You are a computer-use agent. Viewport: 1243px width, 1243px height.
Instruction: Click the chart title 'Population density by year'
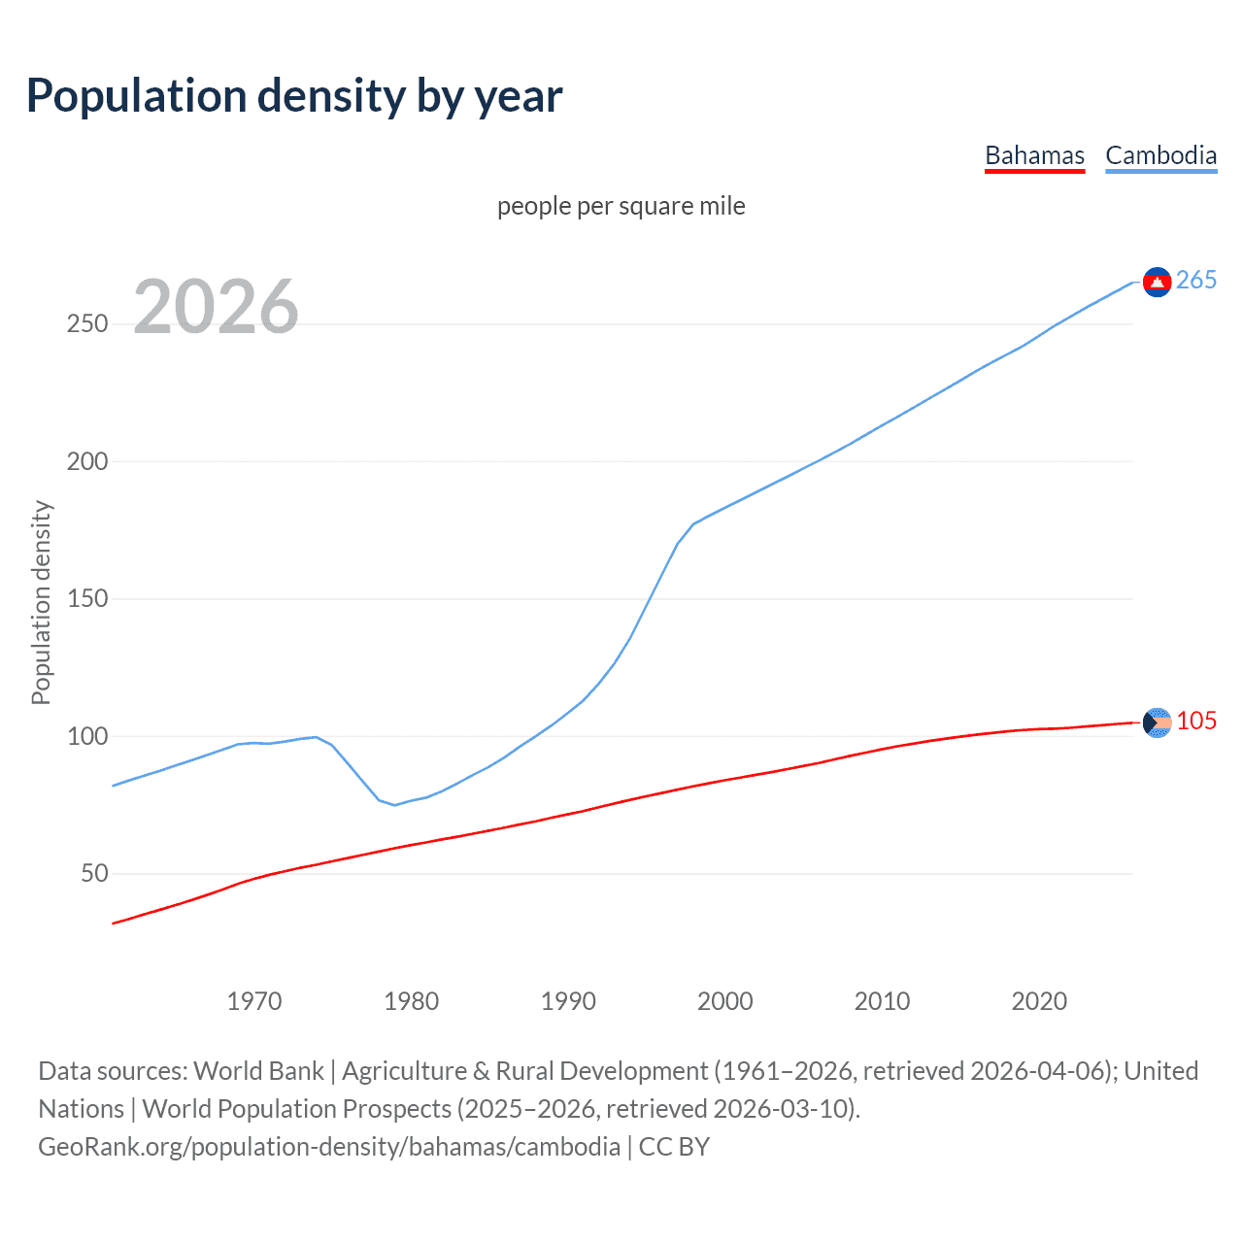click(x=294, y=96)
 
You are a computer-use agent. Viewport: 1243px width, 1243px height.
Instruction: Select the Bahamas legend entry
click(x=1034, y=155)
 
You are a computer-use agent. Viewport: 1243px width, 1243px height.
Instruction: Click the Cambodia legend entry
click(x=1160, y=155)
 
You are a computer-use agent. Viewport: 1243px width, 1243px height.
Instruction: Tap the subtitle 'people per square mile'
click(x=621, y=206)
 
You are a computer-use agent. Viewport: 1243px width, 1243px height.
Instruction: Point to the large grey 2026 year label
click(x=216, y=307)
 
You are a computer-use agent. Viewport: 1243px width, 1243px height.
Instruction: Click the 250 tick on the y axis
click(x=87, y=323)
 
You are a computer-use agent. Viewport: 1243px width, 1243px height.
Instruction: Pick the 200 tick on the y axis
click(x=87, y=461)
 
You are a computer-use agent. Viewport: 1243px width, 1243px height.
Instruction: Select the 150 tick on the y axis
click(x=87, y=599)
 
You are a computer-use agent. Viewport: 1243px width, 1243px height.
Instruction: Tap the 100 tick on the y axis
click(x=87, y=736)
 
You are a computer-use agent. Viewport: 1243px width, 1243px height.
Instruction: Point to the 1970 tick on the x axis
click(x=254, y=1001)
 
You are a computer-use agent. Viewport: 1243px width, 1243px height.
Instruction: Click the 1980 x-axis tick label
click(x=412, y=1001)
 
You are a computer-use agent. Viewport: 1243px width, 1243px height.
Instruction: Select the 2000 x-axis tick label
click(x=725, y=1001)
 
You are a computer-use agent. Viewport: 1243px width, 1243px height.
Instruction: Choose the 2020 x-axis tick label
click(x=1039, y=1001)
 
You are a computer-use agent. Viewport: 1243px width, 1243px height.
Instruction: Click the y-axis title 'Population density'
click(x=41, y=602)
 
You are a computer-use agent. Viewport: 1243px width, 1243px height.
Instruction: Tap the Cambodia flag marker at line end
click(x=1157, y=282)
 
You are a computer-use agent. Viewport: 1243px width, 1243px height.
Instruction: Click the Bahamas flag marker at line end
click(x=1157, y=722)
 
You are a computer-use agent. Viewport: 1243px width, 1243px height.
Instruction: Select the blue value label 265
click(x=1196, y=281)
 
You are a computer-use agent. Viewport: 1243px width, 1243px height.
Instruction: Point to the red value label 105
click(x=1196, y=722)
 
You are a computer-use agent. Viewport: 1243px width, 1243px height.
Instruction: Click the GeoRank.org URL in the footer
click(x=329, y=1147)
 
